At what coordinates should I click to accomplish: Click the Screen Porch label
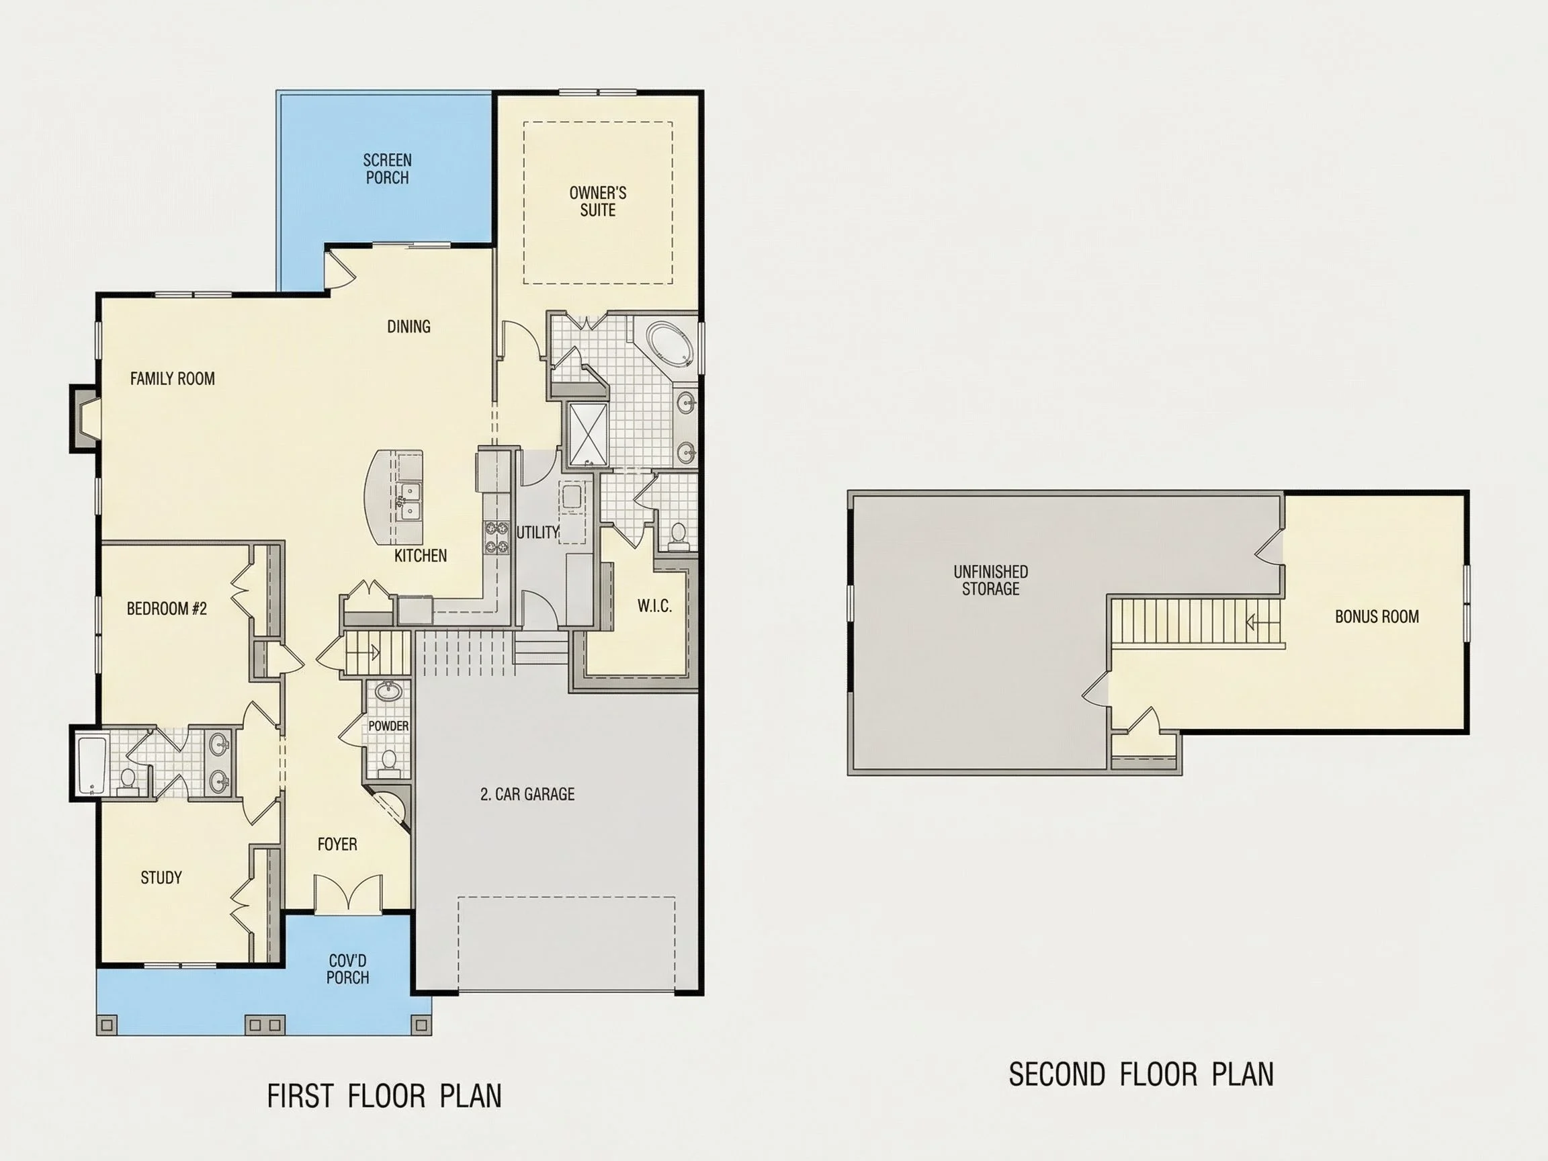tap(387, 169)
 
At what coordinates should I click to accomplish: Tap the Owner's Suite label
tap(598, 202)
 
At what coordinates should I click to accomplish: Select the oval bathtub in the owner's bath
tap(671, 345)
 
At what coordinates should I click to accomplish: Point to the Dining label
tap(408, 326)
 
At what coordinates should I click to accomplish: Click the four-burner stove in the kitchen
tap(497, 536)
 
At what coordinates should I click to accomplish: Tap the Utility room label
tap(537, 532)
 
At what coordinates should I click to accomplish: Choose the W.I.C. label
tap(654, 606)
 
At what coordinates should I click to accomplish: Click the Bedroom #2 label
tap(167, 609)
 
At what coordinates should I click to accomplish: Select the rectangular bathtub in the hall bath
tap(91, 764)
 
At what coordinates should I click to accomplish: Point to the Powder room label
tap(388, 726)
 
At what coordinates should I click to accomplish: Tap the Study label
tap(161, 877)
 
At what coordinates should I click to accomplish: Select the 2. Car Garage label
tap(527, 794)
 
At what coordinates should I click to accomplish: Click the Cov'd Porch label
tap(347, 970)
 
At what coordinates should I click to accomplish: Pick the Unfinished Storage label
tap(990, 580)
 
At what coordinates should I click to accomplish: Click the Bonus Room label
tap(1377, 617)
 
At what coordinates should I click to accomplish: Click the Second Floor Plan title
tap(1141, 1075)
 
